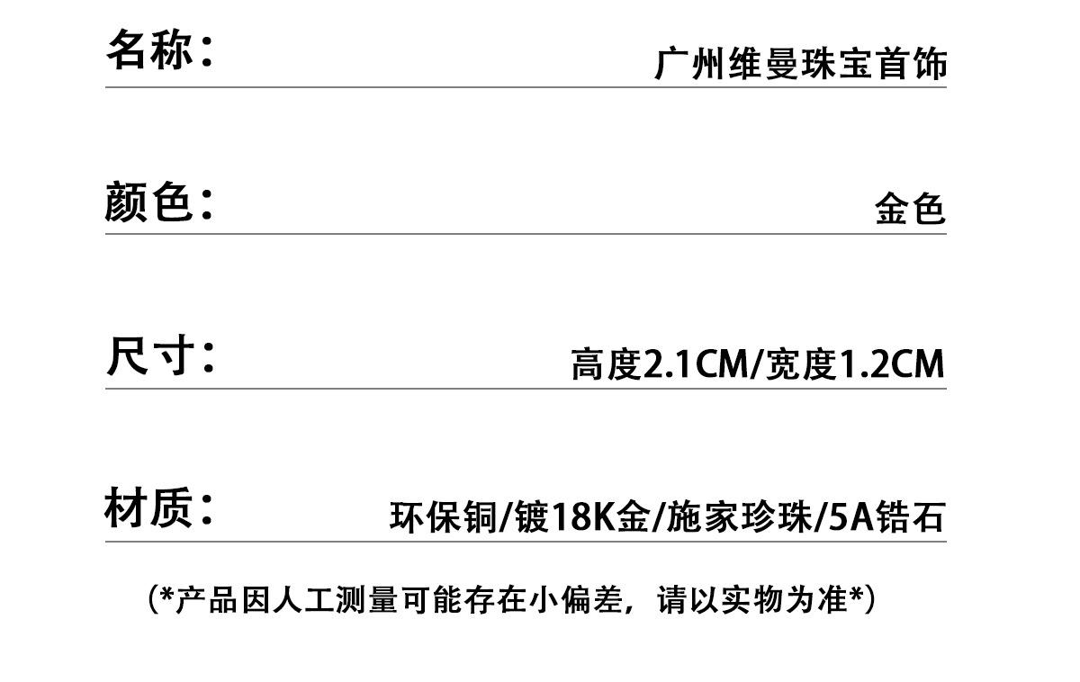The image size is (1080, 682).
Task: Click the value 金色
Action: pyautogui.click(x=910, y=210)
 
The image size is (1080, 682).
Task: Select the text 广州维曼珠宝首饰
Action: pyautogui.click(x=800, y=65)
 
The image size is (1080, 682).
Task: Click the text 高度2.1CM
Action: pyautogui.click(x=659, y=364)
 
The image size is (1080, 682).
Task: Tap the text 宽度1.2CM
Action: pyautogui.click(x=855, y=364)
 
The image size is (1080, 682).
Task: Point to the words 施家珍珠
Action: pyautogui.click(x=738, y=518)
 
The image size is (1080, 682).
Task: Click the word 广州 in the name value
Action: pyautogui.click(x=690, y=65)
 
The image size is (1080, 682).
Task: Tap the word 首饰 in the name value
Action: pyautogui.click(x=911, y=65)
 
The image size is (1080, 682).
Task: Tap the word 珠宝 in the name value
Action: pyautogui.click(x=837, y=65)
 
